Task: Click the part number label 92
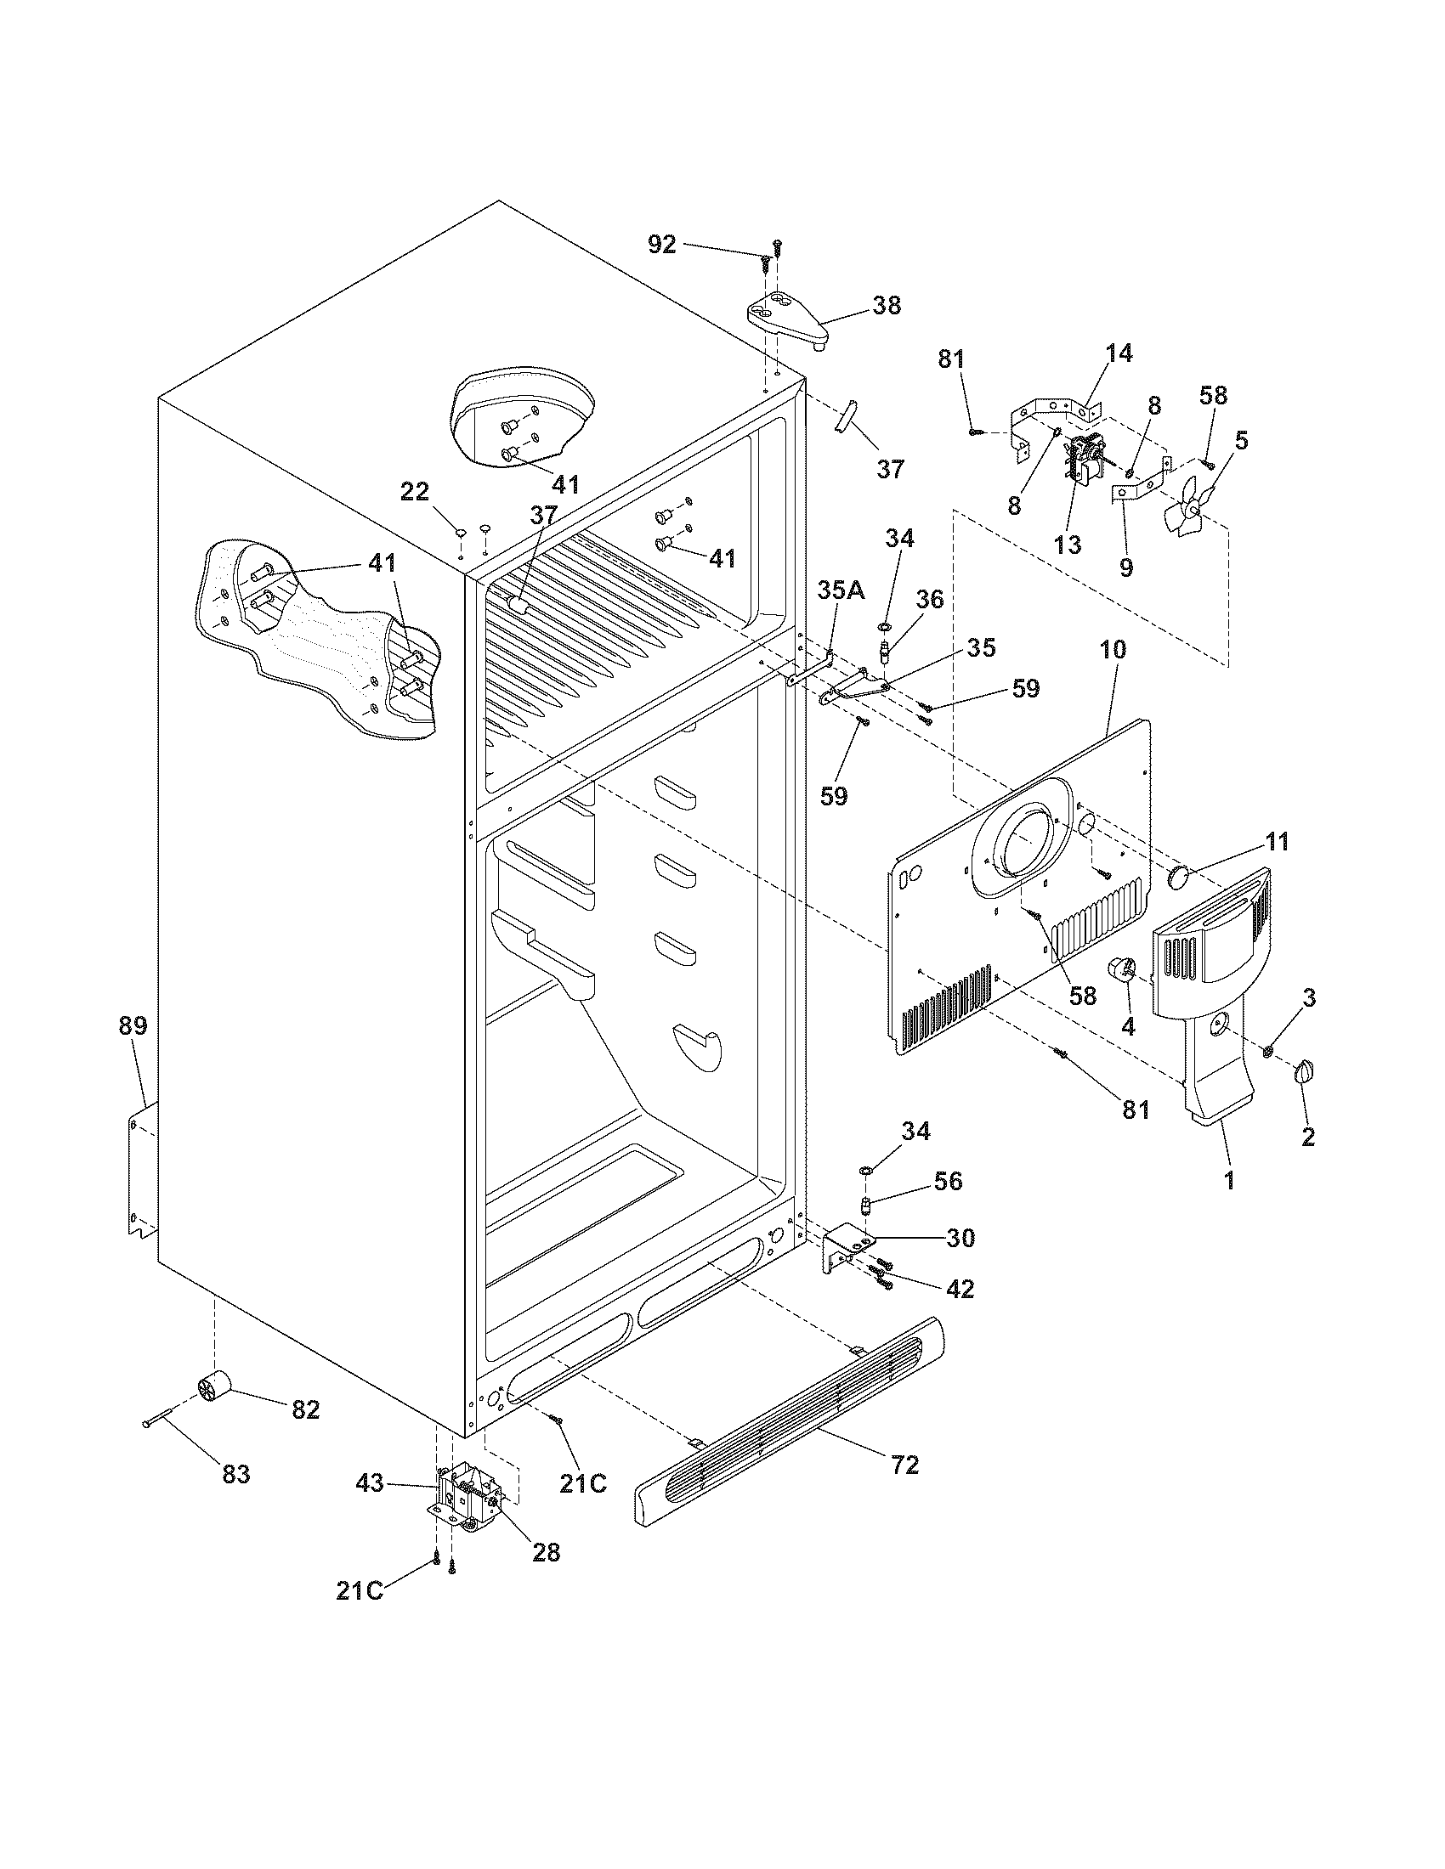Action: [x=661, y=245]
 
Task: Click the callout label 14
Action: [x=1118, y=353]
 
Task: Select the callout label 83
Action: [x=236, y=1475]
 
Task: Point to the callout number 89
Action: [x=133, y=1025]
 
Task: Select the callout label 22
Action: [x=415, y=491]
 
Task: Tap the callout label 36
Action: [x=930, y=599]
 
